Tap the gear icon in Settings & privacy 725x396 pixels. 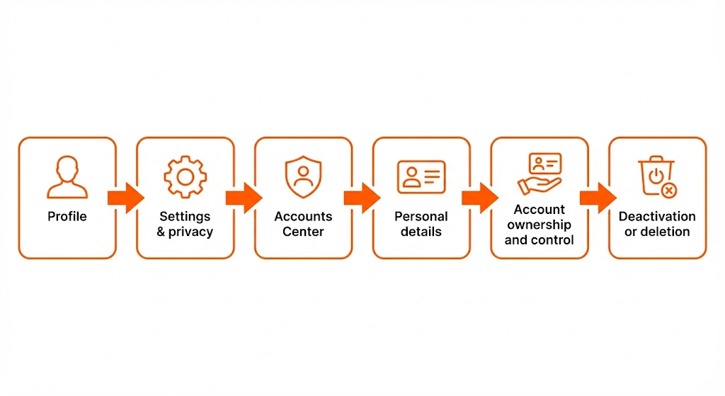coord(185,176)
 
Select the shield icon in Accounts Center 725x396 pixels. coord(303,177)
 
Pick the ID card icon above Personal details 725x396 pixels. coord(421,177)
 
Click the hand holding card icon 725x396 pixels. coord(540,174)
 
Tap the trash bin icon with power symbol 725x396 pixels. coord(657,176)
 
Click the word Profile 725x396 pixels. coord(67,216)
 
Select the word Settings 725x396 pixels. coord(185,216)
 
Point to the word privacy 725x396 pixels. coord(190,232)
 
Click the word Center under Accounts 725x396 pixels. coord(303,232)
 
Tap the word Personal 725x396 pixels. coord(421,216)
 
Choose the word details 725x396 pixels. coord(421,232)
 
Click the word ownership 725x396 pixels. coord(540,225)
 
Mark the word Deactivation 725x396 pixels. coord(657,216)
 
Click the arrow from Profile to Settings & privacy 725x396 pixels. coord(125,198)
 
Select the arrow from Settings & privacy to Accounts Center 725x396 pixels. coord(244,198)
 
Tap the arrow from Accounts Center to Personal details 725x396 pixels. coord(362,198)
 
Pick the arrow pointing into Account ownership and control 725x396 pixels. coord(480,198)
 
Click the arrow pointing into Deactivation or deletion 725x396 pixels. coord(598,198)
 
